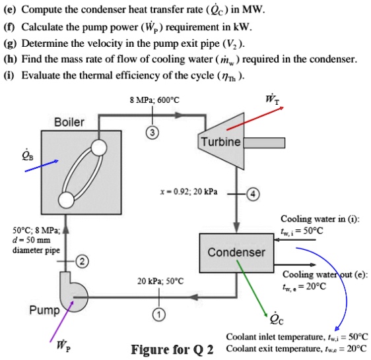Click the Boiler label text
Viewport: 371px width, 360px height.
(x=69, y=122)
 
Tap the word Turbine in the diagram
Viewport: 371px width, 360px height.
(x=220, y=142)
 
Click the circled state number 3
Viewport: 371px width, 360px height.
(x=152, y=131)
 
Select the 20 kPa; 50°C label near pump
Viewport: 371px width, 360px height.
(x=160, y=281)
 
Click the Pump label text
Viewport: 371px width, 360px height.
(x=44, y=310)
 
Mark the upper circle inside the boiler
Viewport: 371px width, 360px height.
(x=100, y=147)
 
